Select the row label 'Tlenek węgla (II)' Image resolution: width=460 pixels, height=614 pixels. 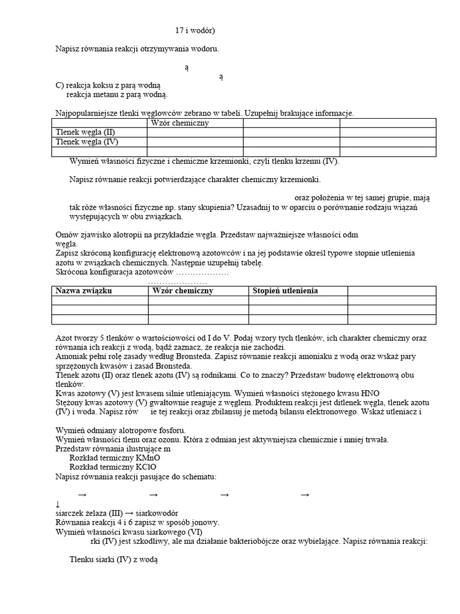tap(84, 133)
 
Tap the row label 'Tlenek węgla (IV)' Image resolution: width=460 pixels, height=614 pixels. tap(86, 142)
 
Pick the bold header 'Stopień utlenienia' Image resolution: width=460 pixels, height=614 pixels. tap(286, 291)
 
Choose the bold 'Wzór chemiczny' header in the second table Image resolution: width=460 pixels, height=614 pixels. tap(183, 291)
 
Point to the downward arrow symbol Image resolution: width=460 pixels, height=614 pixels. tap(57, 505)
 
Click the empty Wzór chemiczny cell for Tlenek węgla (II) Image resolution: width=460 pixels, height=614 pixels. tap(195, 133)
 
